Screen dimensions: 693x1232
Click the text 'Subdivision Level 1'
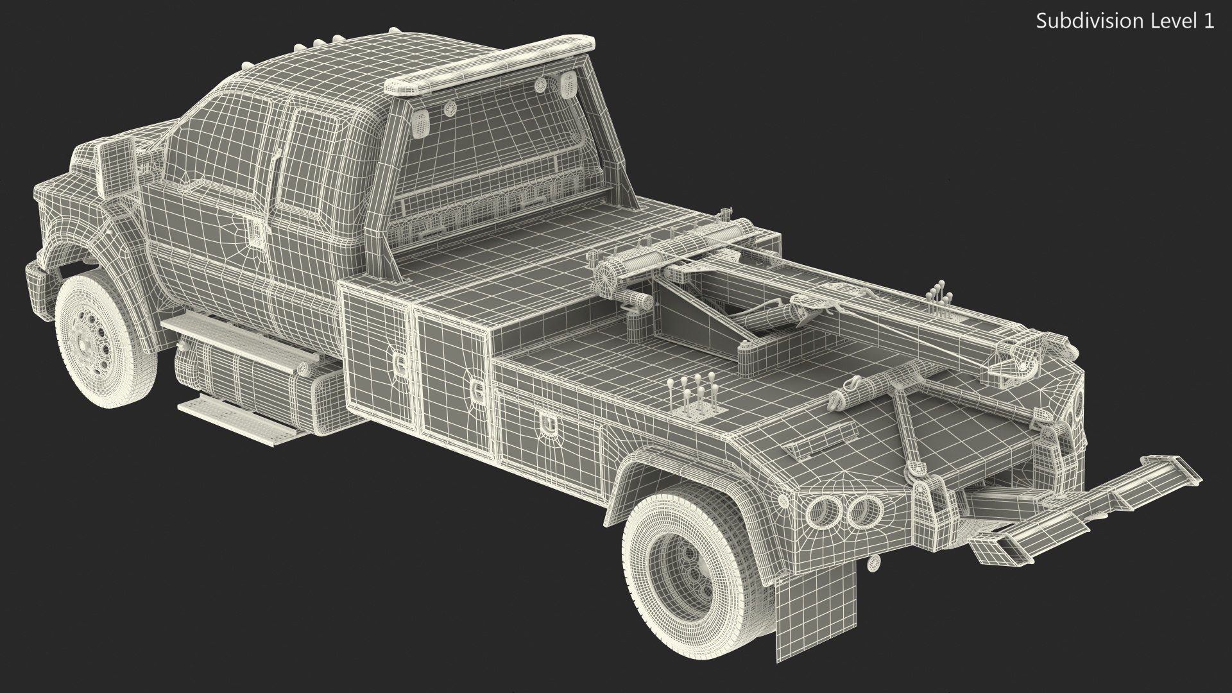(x=1125, y=21)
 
